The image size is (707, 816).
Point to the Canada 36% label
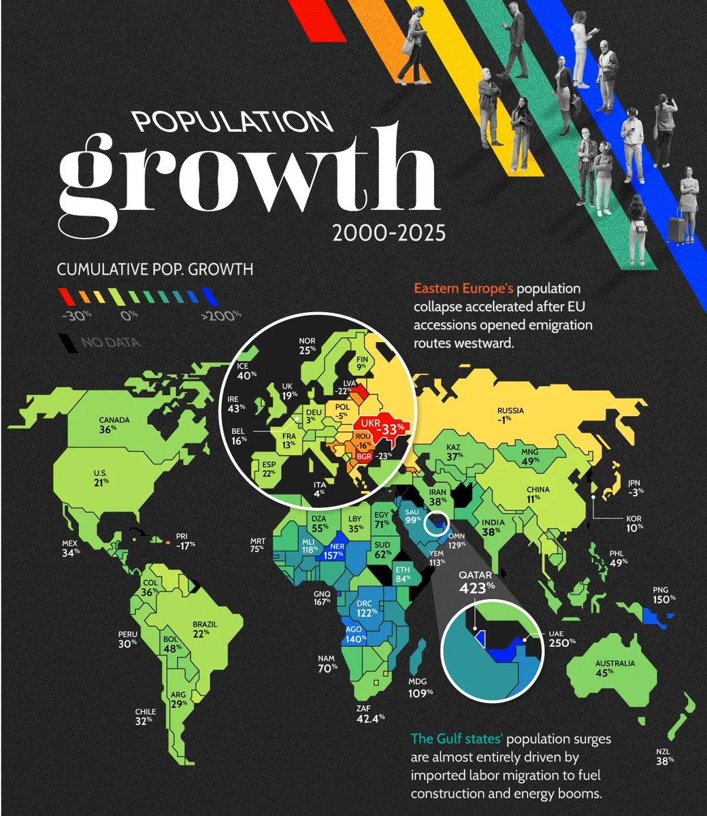(114, 424)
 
